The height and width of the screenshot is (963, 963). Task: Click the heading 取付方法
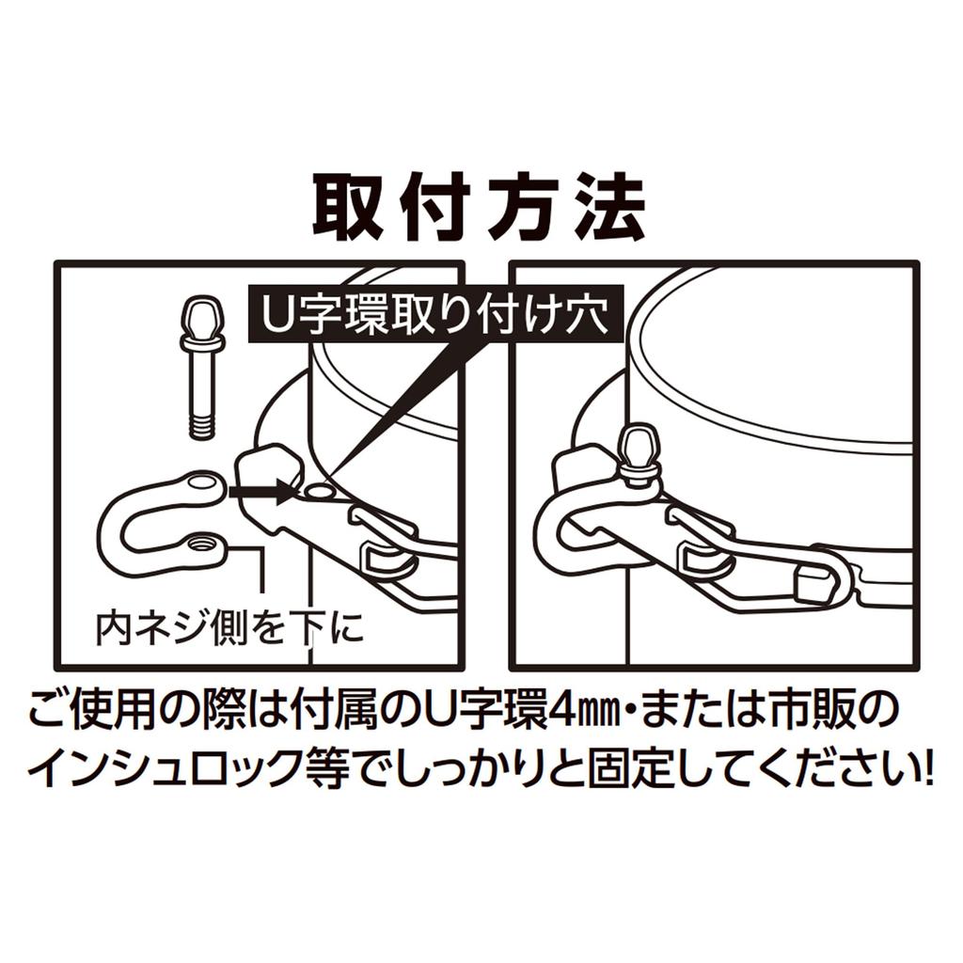pyautogui.click(x=480, y=207)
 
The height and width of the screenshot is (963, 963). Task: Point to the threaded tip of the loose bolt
pyautogui.click(x=203, y=424)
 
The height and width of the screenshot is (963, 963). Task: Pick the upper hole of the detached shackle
pyautogui.click(x=201, y=483)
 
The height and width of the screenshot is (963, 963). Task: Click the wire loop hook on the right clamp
pyautogui.click(x=818, y=578)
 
